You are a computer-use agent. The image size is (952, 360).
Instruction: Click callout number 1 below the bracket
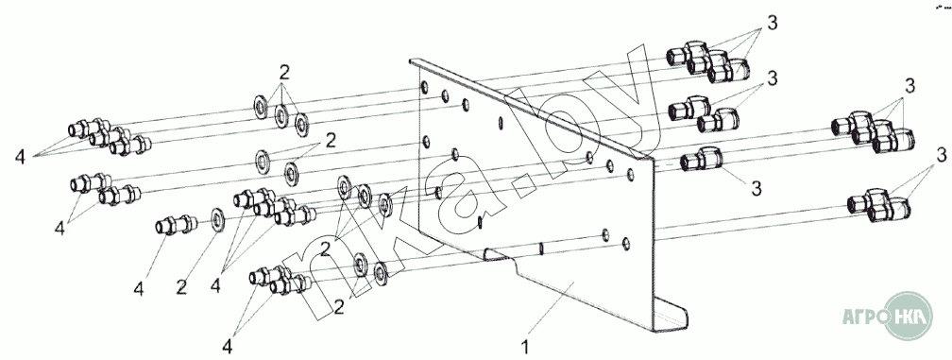526,348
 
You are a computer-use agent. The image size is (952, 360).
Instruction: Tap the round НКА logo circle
909,316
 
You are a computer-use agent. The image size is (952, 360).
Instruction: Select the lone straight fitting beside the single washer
176,225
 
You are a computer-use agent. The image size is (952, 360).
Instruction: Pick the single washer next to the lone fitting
217,220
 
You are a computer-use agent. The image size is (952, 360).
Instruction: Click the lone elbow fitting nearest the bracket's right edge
702,160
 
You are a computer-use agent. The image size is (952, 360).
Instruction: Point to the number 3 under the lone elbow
756,189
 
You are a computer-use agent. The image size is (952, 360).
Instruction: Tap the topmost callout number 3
772,24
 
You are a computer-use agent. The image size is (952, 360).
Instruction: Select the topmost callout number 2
284,72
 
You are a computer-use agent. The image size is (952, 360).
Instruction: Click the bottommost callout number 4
227,347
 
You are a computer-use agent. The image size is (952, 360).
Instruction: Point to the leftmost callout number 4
20,157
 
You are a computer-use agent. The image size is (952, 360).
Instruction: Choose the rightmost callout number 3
942,156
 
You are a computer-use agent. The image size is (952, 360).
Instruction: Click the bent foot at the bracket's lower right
670,316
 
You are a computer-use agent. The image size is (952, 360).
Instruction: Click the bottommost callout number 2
339,308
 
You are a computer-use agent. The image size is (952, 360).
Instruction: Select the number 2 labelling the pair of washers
331,141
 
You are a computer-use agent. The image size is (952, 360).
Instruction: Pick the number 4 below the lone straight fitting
139,289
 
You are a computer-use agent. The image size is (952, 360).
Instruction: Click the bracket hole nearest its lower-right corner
626,244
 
